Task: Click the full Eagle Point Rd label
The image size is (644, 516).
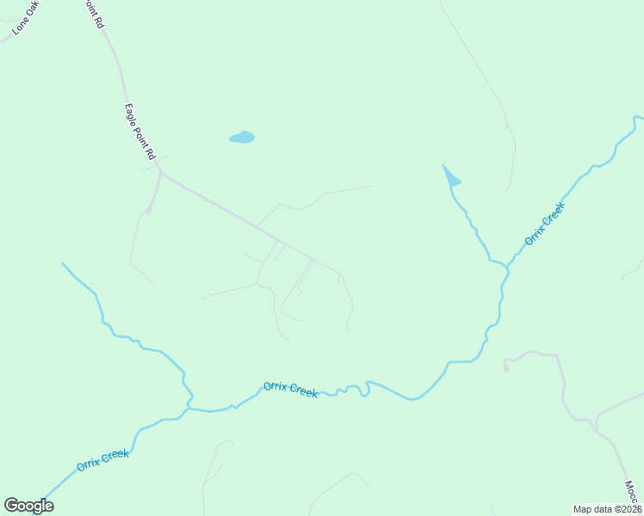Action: click(x=139, y=132)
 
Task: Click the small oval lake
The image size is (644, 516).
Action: click(x=242, y=137)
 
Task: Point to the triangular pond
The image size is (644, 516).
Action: click(x=449, y=177)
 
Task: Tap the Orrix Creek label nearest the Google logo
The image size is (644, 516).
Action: click(x=102, y=459)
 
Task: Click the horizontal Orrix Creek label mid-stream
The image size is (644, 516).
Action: click(x=290, y=389)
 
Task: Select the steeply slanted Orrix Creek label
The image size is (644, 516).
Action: click(x=544, y=223)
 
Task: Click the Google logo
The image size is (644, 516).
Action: click(x=28, y=506)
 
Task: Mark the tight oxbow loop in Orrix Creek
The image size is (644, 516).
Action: click(x=365, y=389)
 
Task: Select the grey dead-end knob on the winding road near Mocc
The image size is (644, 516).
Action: click(x=505, y=368)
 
